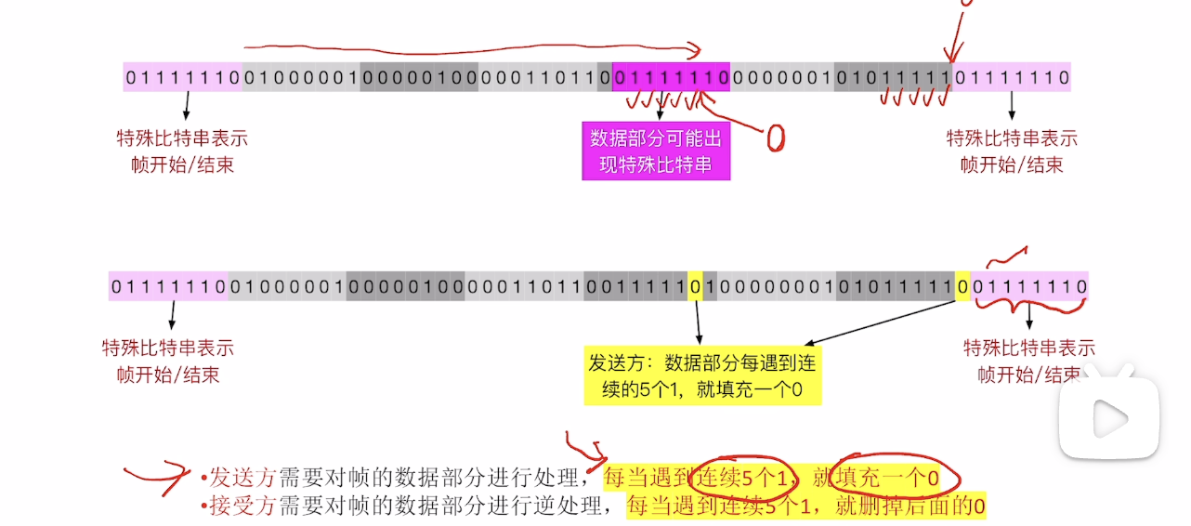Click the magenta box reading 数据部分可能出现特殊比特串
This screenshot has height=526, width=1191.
656,151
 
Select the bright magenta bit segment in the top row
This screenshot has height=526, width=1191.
671,77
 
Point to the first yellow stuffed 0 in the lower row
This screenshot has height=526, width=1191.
694,287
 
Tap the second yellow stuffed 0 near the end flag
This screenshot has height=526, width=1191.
962,287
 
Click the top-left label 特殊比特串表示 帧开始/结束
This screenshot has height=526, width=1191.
182,151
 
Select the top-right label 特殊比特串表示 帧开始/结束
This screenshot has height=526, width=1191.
1012,151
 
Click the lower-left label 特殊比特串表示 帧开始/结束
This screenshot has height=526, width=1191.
168,362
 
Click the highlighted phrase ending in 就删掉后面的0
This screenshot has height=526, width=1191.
805,506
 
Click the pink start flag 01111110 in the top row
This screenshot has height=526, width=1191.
182,77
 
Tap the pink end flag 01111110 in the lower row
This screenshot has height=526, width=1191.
1028,287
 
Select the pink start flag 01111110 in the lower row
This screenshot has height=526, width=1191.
168,287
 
